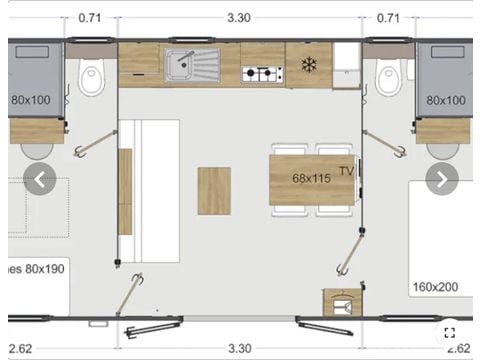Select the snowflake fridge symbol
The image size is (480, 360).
point(308,65)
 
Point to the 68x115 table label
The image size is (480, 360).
point(312,178)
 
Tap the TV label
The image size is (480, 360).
point(346,170)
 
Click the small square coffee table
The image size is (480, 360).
point(214,190)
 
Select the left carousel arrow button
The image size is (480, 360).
point(40,180)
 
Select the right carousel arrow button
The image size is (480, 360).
point(441,180)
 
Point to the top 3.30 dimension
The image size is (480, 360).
point(239,17)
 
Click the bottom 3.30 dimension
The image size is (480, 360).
point(239,348)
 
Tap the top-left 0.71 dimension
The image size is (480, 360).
point(90,17)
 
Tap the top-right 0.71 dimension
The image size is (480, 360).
point(390,17)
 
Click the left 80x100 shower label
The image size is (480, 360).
point(31,100)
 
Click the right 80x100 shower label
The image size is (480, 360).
point(445,100)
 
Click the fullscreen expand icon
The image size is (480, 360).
point(451,333)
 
